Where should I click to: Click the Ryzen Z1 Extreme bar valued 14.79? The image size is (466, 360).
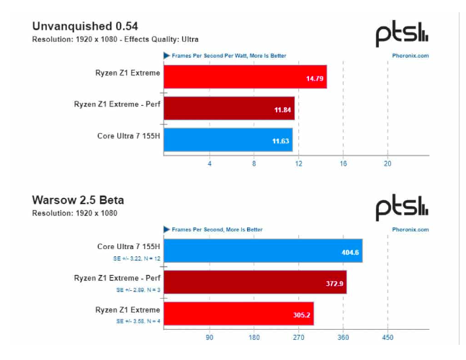245,76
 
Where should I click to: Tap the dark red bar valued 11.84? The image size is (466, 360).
229,108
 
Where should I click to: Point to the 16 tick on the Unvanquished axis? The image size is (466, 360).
343,163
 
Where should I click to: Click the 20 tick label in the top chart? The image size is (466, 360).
387,163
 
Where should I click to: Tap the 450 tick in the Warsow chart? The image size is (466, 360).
387,337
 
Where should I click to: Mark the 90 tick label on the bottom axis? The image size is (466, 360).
210,337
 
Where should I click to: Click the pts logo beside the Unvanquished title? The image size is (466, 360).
402,33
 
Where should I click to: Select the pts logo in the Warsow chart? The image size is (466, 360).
402,207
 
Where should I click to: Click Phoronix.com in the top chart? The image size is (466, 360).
411,55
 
